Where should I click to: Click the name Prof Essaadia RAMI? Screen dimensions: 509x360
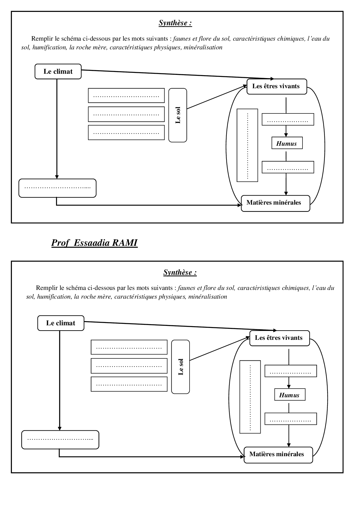(94, 243)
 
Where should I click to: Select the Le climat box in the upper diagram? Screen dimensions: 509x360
(58, 71)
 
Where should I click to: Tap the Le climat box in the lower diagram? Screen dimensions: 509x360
(61, 323)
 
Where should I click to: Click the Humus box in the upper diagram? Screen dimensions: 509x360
(287, 143)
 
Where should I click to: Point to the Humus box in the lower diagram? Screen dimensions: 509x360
(290, 395)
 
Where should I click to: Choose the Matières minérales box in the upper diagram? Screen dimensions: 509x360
(275, 203)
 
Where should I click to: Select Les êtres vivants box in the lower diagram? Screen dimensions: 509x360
(279, 338)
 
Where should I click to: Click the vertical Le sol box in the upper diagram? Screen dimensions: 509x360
(178, 115)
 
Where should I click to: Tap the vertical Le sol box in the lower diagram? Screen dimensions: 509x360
(181, 367)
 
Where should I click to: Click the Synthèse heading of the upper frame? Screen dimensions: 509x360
(175, 23)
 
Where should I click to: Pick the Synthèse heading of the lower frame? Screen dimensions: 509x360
(180, 272)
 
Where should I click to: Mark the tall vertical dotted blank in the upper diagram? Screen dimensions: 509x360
(247, 145)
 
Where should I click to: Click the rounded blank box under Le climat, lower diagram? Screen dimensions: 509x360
(60, 439)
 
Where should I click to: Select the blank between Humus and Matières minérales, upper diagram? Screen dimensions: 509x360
(288, 167)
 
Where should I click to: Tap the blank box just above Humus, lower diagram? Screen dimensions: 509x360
(290, 371)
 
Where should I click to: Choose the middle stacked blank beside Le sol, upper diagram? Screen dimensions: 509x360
(126, 114)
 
